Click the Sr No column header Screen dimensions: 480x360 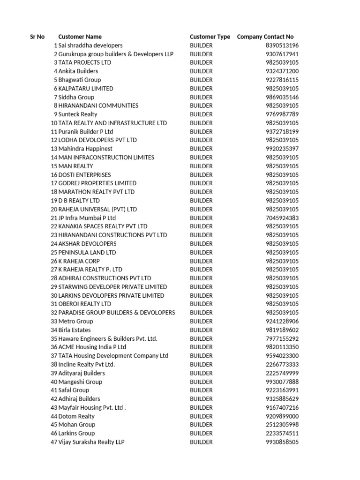[x=37, y=37]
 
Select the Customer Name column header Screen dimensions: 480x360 [x=80, y=37]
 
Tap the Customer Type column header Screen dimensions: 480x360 [x=210, y=37]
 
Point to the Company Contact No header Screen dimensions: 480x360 [x=265, y=37]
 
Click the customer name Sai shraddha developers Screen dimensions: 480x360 [x=90, y=45]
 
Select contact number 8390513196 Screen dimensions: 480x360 [x=282, y=45]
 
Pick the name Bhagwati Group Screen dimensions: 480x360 [x=80, y=80]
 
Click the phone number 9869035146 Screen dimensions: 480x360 [x=282, y=97]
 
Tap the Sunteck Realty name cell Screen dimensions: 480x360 [x=78, y=114]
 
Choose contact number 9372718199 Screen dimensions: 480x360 [x=282, y=132]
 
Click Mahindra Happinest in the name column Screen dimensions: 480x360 [x=85, y=149]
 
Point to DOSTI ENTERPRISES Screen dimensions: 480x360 [x=85, y=175]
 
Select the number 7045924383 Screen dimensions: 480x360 [x=282, y=218]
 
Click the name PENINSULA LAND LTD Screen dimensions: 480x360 [x=87, y=252]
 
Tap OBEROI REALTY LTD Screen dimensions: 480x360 [x=85, y=304]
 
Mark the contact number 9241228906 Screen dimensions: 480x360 [x=282, y=321]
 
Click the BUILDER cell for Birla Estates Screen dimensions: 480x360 [x=201, y=330]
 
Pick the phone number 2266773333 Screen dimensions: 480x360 [x=282, y=364]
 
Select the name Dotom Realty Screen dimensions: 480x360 [x=76, y=416]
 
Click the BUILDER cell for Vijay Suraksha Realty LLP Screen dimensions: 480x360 [x=201, y=442]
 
